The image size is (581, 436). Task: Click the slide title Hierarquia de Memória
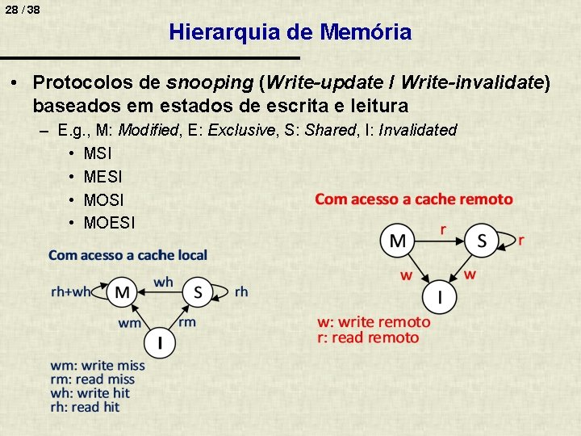coord(290,32)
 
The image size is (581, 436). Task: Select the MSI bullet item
coord(98,153)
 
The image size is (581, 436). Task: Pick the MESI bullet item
coord(102,176)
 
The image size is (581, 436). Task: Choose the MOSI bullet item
coord(103,199)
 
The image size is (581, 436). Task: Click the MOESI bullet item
coord(109,221)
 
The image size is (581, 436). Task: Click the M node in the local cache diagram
coord(123,291)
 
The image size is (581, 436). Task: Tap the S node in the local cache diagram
coord(199,291)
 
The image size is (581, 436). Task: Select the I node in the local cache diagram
coord(160,342)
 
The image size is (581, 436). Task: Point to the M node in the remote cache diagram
coord(399,241)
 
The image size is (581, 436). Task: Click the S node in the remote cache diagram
coord(482,241)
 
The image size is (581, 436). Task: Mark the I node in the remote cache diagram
coord(440,297)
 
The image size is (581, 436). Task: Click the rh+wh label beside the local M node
coord(71,291)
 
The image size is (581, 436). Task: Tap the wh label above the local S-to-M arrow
coord(163,282)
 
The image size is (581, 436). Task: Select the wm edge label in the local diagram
coord(130,323)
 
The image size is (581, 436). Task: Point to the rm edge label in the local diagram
coord(186,322)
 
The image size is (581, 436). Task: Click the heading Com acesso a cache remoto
coord(413,199)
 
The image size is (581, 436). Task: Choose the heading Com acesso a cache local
coord(127,255)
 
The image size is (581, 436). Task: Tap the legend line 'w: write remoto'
coord(374,322)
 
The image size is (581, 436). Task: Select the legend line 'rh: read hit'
coord(84,407)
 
